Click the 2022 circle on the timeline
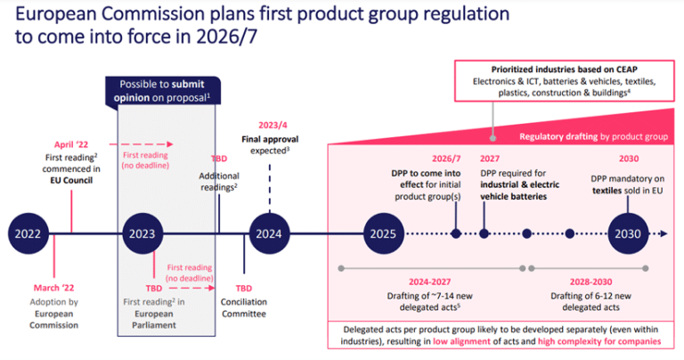tap(28, 234)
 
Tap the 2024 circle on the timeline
tap(268, 234)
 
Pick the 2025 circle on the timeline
tap(383, 234)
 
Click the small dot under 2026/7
tap(456, 234)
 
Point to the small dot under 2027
tap(484, 234)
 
